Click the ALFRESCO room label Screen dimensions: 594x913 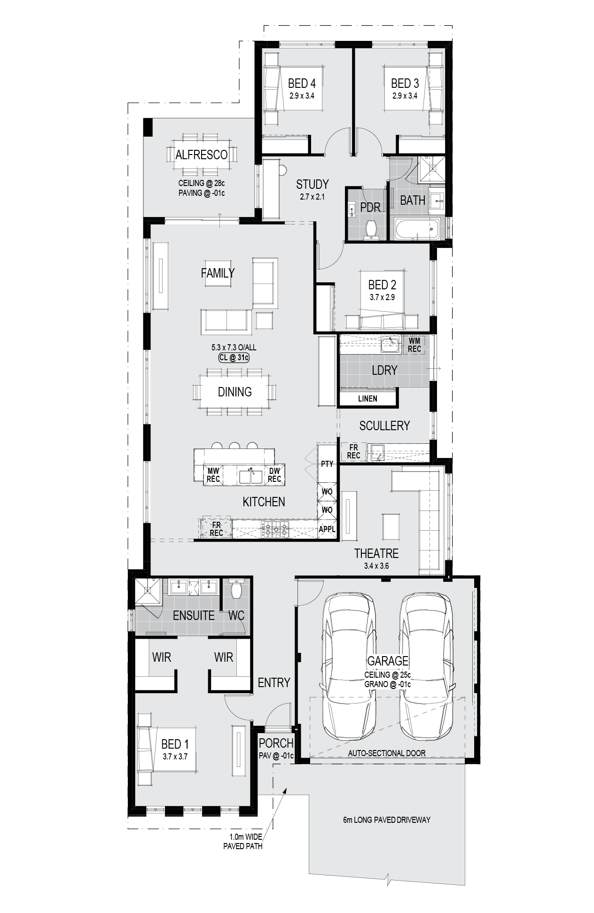click(x=201, y=155)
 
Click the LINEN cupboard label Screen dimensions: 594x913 click(x=367, y=399)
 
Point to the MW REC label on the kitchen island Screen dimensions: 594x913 click(x=213, y=475)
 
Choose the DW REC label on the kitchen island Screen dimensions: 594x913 click(x=274, y=475)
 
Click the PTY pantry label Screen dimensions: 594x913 click(x=327, y=464)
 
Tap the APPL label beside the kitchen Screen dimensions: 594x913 click(x=327, y=529)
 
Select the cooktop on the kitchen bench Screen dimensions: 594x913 click(x=275, y=530)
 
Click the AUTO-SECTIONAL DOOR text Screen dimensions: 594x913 click(x=387, y=753)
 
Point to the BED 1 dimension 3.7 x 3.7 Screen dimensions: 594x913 click(x=175, y=757)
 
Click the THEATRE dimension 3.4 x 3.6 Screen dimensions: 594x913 click(x=376, y=566)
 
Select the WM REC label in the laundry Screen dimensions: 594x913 click(x=414, y=345)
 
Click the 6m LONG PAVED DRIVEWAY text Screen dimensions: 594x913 click(x=387, y=820)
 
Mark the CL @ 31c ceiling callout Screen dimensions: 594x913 click(x=234, y=358)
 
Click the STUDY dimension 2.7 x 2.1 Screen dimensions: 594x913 click(x=313, y=197)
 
